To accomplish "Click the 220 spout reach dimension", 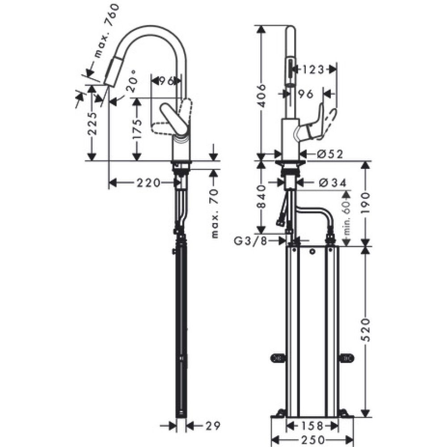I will (x=148, y=182).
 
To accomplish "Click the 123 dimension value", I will (x=312, y=69).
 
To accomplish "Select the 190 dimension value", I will (x=366, y=204).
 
